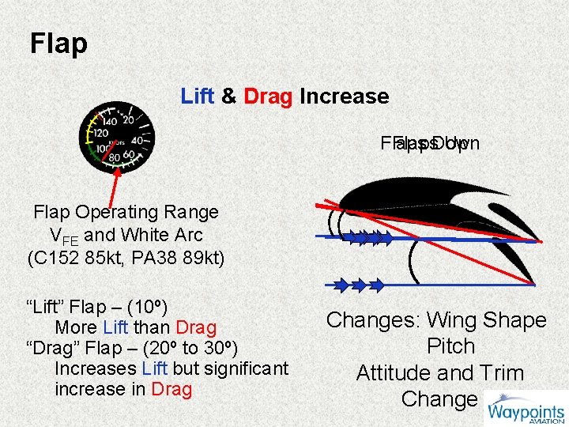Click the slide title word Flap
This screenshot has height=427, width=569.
point(58,43)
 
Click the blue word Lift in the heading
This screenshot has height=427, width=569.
point(198,96)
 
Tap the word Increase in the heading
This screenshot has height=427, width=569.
point(344,96)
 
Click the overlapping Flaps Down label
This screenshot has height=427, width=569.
point(430,144)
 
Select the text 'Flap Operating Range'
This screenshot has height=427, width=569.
point(126,212)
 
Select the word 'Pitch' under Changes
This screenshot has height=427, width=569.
point(450,346)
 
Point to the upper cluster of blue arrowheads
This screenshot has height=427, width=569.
point(367,236)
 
